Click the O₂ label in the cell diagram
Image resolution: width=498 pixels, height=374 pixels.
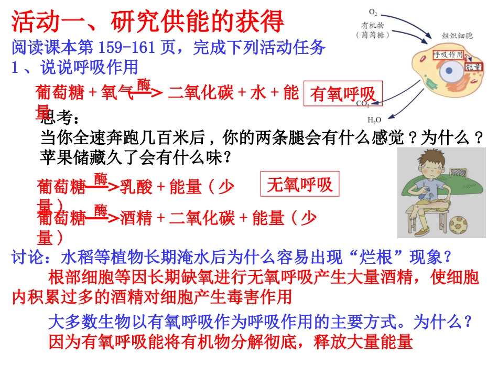click(373, 11)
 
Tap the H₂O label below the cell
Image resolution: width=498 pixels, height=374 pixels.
click(374, 120)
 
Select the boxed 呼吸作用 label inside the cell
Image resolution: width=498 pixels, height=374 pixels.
click(448, 55)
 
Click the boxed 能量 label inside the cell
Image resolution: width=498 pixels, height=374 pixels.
click(473, 67)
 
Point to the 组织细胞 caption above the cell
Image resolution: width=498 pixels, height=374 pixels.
click(457, 36)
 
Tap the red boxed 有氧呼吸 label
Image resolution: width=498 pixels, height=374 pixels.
click(343, 94)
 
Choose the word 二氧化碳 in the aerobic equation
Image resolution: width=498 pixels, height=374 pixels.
click(201, 93)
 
